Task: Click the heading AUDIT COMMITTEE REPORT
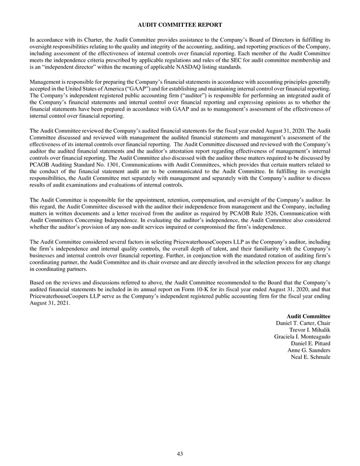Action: (180, 24)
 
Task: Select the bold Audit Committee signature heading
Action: (312, 316)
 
